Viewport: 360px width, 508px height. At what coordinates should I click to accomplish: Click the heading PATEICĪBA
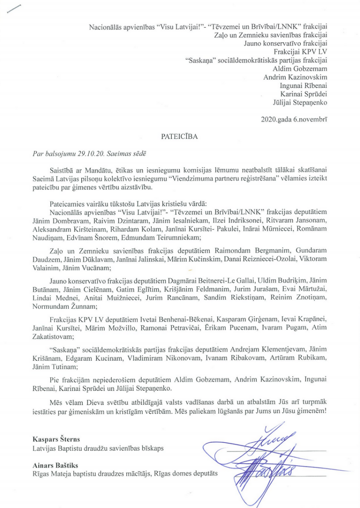180,136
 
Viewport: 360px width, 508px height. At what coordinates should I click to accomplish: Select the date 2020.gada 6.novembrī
294,119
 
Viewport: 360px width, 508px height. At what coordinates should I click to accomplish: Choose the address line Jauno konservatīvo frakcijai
285,44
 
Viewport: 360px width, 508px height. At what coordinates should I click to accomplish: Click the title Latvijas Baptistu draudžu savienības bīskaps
92,448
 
